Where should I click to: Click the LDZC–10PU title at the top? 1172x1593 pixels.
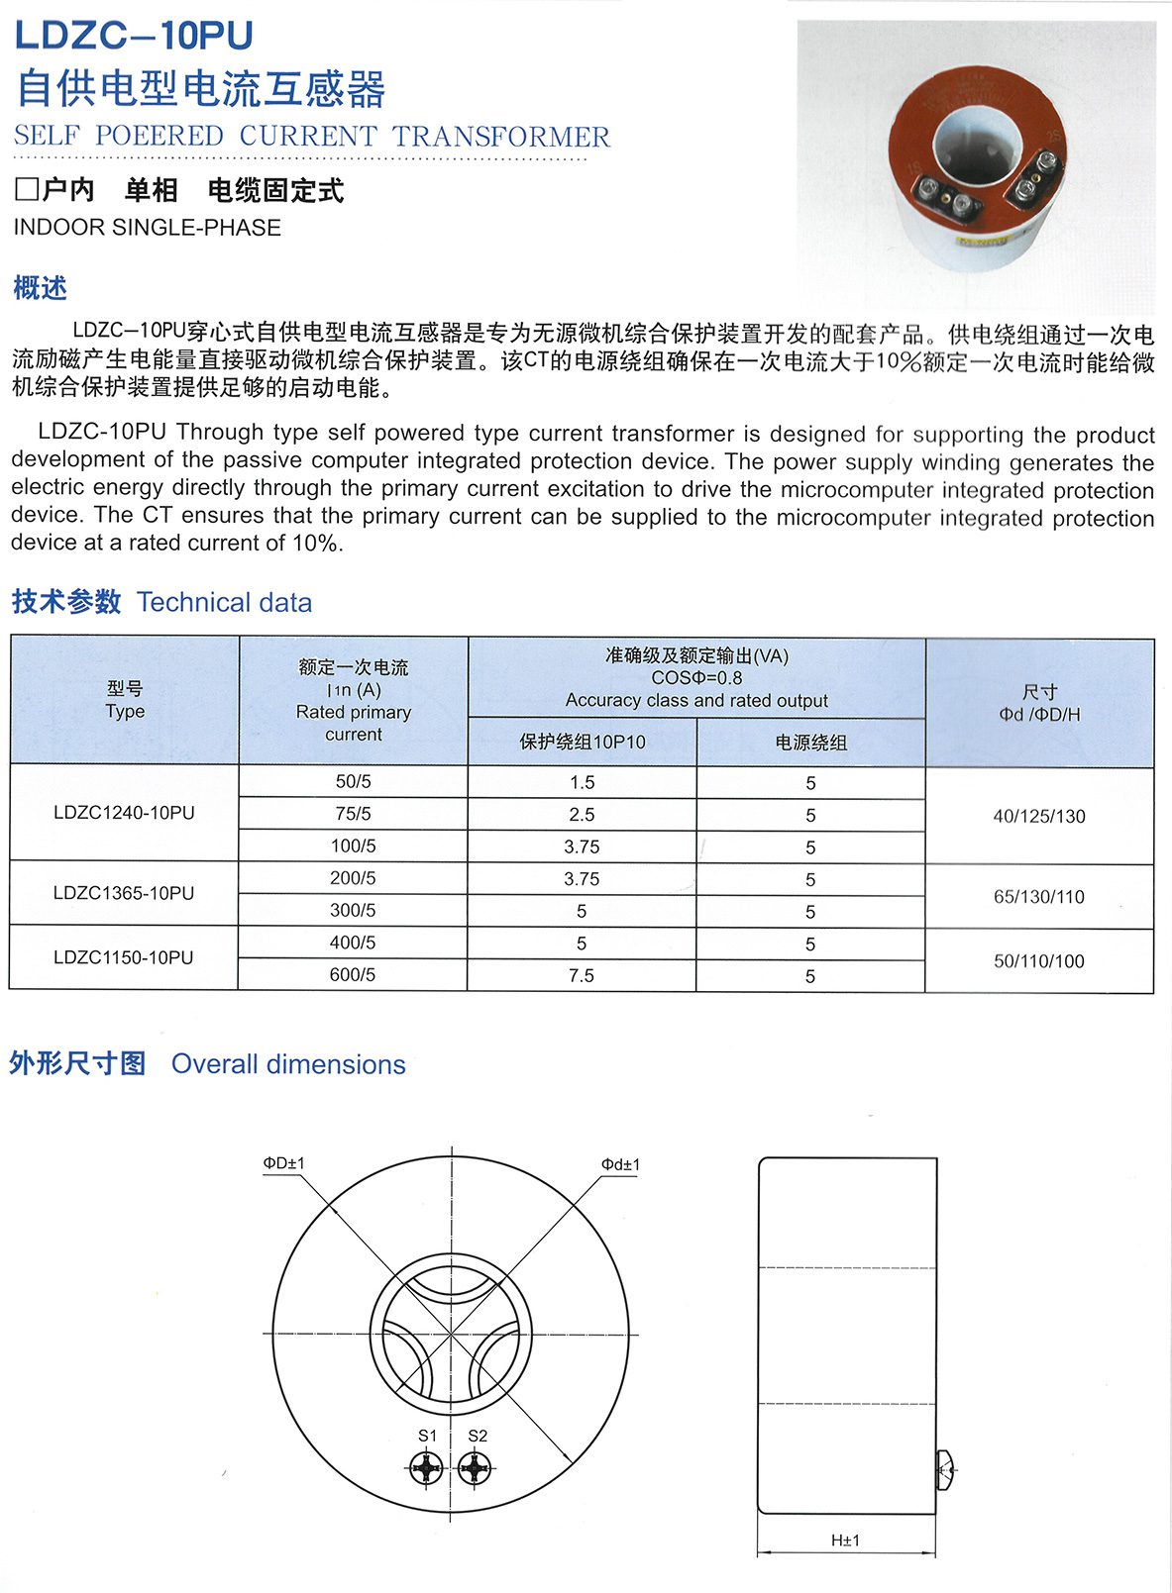(x=134, y=36)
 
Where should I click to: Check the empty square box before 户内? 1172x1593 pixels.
(x=26, y=189)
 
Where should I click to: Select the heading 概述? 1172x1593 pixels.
(x=40, y=288)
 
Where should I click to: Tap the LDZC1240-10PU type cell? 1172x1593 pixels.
(x=124, y=813)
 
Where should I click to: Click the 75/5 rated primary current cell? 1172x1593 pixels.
(x=353, y=814)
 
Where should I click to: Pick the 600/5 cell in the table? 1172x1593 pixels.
(x=353, y=975)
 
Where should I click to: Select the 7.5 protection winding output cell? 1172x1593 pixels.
(x=582, y=975)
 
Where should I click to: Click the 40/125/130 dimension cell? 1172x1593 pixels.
(x=1039, y=817)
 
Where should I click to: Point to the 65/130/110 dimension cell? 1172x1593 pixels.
(x=1039, y=897)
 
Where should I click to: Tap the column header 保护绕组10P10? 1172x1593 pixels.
(x=583, y=743)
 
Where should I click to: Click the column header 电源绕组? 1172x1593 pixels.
(x=810, y=743)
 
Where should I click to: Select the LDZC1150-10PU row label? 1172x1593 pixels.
(x=124, y=957)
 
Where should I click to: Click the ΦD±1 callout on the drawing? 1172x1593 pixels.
(x=283, y=1163)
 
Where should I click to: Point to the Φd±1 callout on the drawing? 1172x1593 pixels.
(x=620, y=1164)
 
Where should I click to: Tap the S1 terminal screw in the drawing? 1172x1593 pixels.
(x=427, y=1468)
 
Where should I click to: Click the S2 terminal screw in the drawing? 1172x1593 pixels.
(x=476, y=1468)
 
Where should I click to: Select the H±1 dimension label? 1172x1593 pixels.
(x=845, y=1541)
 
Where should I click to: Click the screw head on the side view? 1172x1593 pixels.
(x=945, y=1470)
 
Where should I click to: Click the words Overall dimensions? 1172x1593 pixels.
(x=288, y=1064)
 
